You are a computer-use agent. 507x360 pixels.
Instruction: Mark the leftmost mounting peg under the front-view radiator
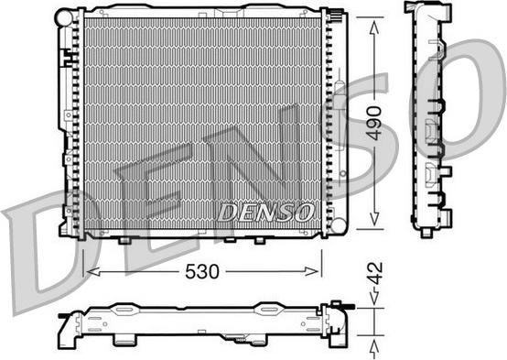point(123,241)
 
